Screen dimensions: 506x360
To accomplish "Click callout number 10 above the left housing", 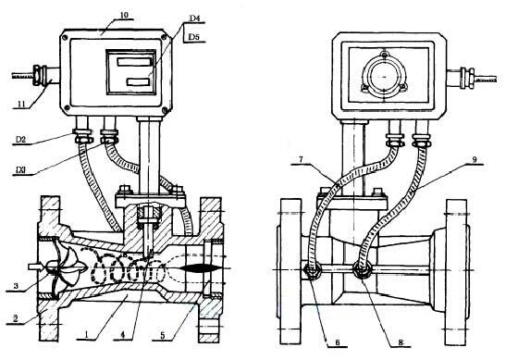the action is [x=124, y=15].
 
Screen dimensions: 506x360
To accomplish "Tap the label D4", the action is [x=194, y=19].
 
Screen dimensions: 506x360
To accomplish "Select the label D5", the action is [x=194, y=37].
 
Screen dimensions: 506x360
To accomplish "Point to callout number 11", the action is [x=21, y=105].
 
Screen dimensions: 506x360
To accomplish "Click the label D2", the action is [x=20, y=140].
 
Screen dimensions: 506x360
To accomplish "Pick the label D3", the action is [x=20, y=170].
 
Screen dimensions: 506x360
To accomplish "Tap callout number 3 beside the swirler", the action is [x=16, y=286].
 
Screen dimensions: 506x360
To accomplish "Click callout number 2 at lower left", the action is [x=15, y=318].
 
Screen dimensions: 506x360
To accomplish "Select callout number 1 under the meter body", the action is [x=86, y=335].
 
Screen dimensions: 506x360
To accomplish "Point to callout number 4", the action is [x=123, y=335].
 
